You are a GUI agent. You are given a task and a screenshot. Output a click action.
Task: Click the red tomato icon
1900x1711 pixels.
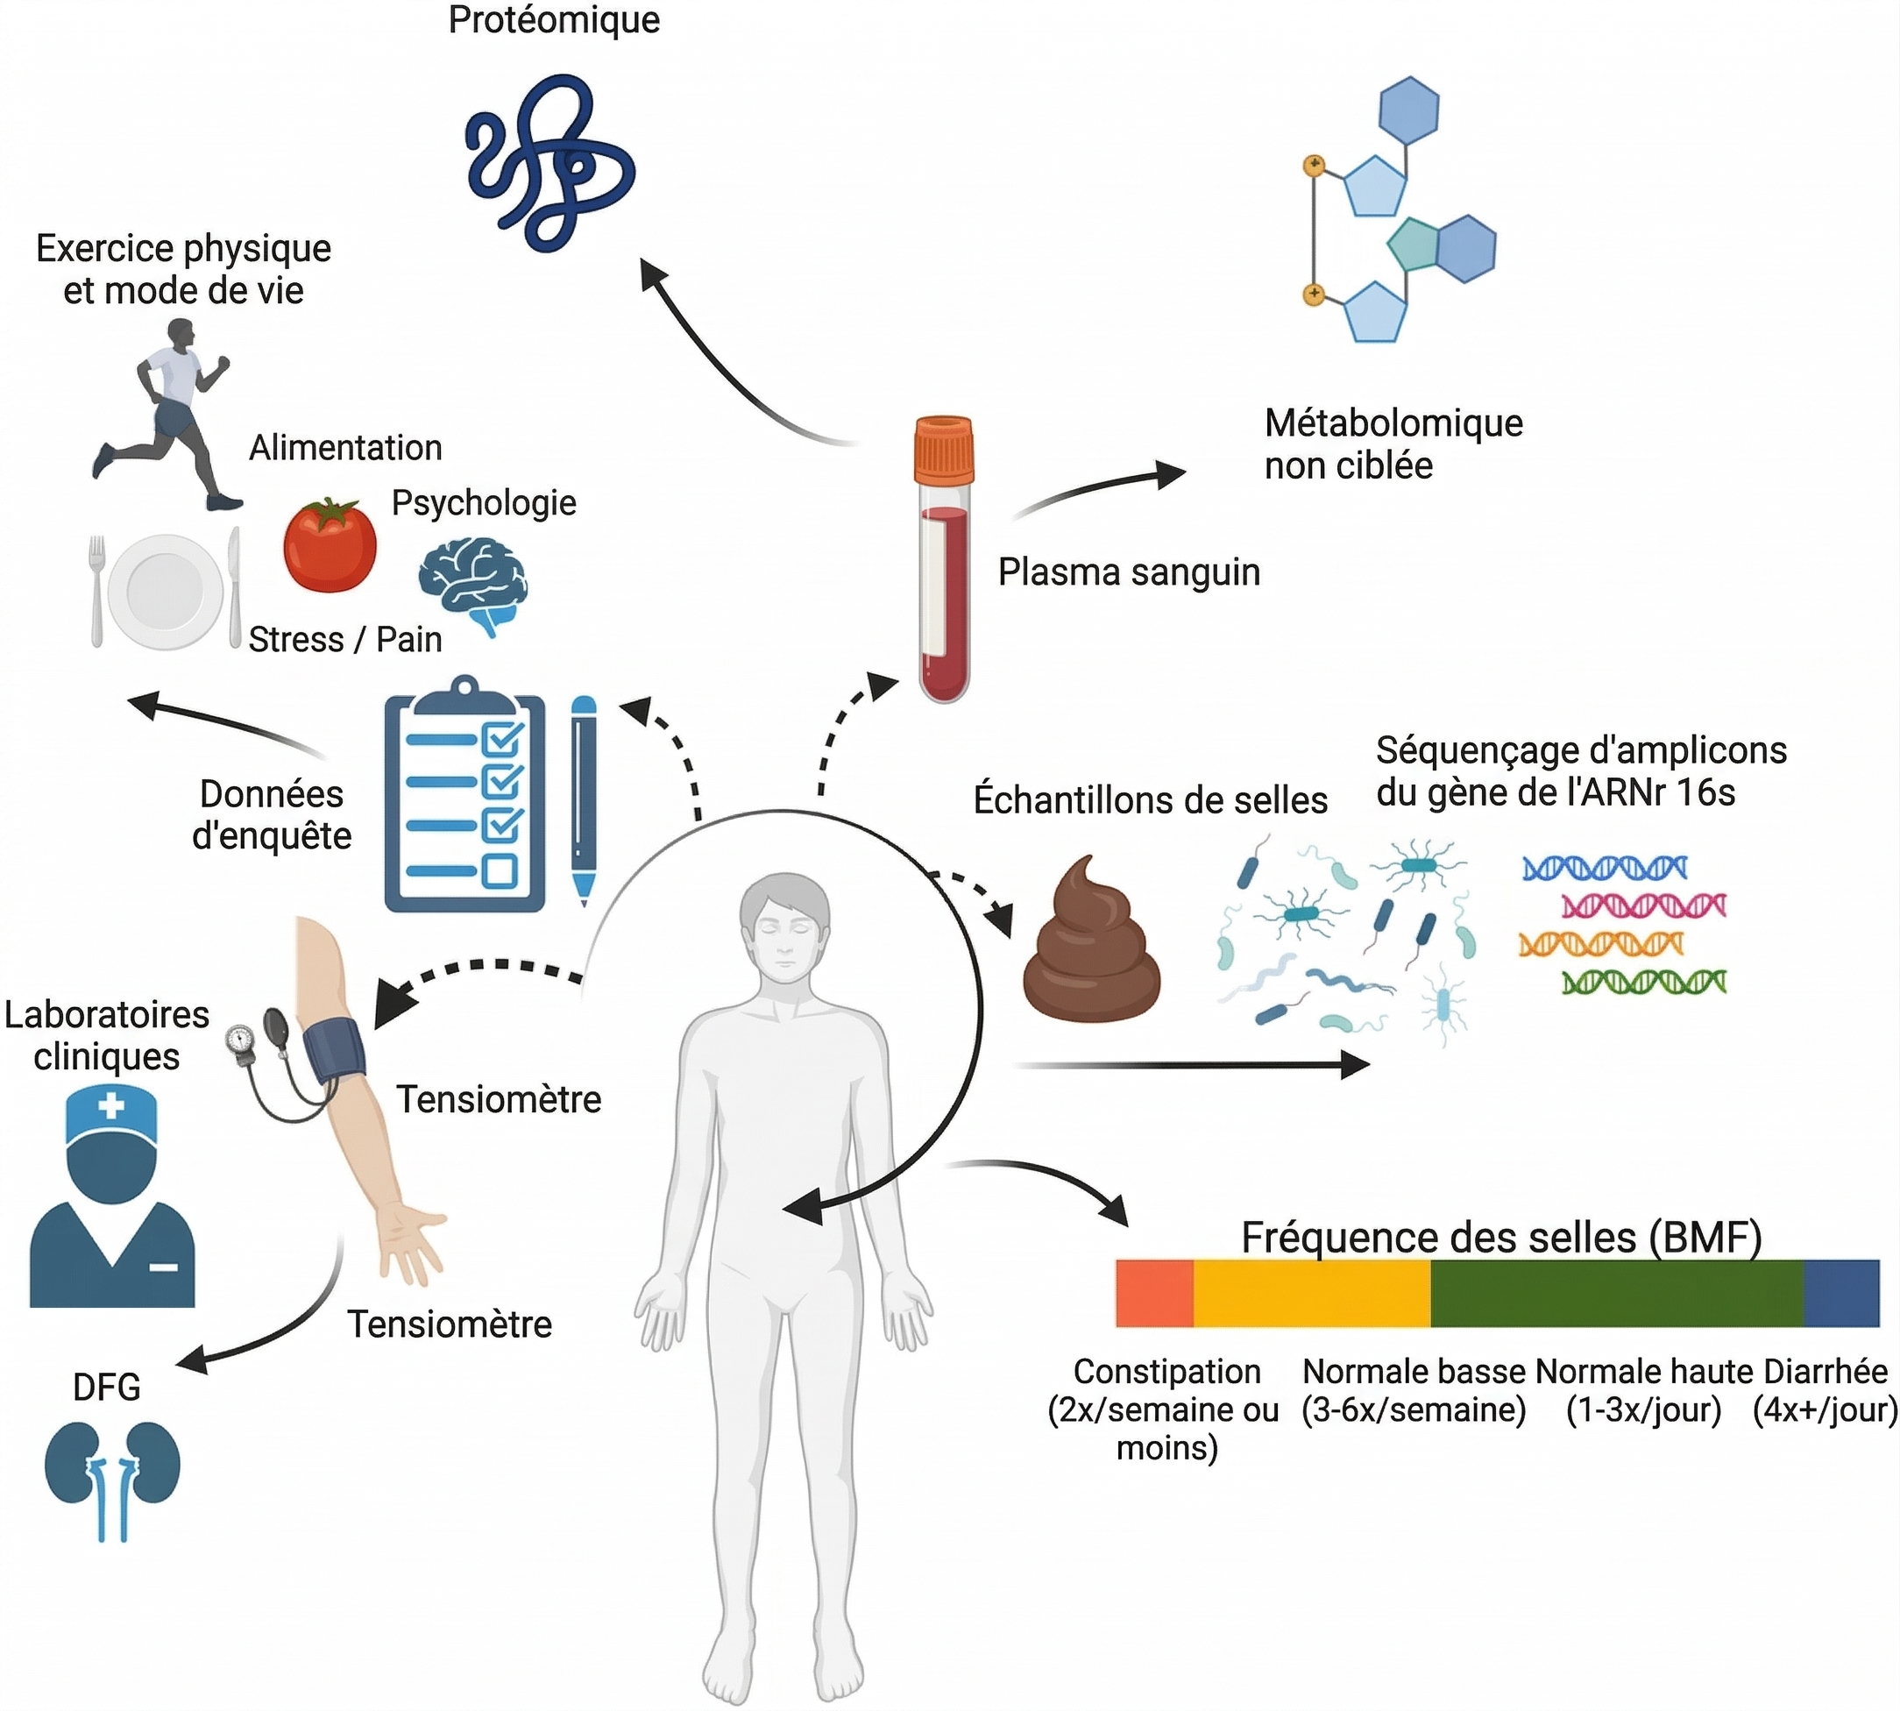click(330, 547)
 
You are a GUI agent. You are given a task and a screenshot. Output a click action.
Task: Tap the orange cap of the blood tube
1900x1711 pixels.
click(943, 450)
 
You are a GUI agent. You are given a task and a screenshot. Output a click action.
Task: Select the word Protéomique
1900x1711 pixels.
click(554, 20)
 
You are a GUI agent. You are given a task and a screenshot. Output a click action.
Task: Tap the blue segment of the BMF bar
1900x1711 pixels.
click(1840, 1293)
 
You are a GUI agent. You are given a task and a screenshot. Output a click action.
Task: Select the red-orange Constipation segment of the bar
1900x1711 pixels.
click(1154, 1293)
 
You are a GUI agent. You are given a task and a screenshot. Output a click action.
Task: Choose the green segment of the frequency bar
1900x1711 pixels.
click(1616, 1293)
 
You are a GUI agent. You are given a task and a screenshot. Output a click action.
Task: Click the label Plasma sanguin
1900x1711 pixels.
click(1128, 572)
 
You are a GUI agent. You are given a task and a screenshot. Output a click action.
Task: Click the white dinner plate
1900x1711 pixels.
click(166, 592)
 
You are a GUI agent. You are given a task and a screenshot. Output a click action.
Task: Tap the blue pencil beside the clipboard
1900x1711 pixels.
click(584, 799)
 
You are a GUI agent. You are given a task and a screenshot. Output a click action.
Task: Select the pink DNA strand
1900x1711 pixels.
click(1643, 905)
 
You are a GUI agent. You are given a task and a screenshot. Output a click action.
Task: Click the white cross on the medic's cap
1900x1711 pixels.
click(111, 1104)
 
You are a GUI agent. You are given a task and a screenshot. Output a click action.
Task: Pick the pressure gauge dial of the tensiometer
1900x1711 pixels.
click(241, 1040)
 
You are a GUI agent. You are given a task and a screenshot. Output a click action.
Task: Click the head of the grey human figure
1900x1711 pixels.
click(784, 926)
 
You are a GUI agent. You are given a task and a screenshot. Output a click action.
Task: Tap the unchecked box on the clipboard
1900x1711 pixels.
click(500, 870)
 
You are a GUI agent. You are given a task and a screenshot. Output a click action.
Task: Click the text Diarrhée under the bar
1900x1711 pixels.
click(1825, 1371)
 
